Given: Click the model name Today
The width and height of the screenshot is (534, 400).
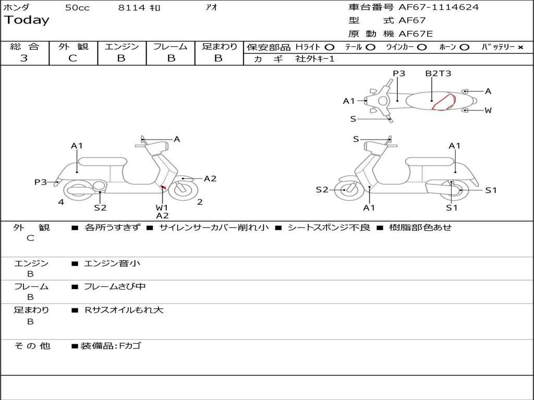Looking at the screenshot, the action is (x=27, y=20).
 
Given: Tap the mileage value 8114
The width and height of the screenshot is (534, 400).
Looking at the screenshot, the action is (x=132, y=8).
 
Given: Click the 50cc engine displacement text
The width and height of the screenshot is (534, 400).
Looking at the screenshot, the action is (x=77, y=8).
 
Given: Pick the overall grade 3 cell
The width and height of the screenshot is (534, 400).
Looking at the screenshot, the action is (x=24, y=58).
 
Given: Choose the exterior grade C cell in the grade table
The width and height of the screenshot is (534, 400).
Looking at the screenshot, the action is (x=72, y=58).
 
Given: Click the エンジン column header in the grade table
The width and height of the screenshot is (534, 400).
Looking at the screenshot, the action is (x=122, y=46).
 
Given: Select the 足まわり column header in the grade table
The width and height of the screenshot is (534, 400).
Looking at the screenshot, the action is (x=219, y=46).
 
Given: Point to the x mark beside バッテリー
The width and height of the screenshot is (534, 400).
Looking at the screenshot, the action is (x=520, y=47).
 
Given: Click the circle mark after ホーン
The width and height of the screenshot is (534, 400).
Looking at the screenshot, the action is (x=464, y=47).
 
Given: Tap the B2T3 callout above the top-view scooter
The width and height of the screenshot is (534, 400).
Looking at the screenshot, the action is (x=438, y=73).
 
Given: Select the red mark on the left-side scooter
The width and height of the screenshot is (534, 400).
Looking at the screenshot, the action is (x=163, y=187).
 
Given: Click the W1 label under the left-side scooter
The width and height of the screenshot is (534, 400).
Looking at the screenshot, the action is (x=162, y=207).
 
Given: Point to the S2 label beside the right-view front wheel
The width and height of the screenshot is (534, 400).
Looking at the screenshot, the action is (x=322, y=190).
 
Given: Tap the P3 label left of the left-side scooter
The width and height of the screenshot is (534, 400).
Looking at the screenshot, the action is (x=40, y=182).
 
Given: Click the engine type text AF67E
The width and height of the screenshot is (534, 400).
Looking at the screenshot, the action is (x=416, y=34).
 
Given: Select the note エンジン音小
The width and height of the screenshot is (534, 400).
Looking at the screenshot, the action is (x=112, y=264).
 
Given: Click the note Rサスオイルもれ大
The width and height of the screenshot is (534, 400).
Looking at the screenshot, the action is (x=124, y=310).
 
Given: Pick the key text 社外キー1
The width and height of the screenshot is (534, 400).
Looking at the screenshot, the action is (x=315, y=59).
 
